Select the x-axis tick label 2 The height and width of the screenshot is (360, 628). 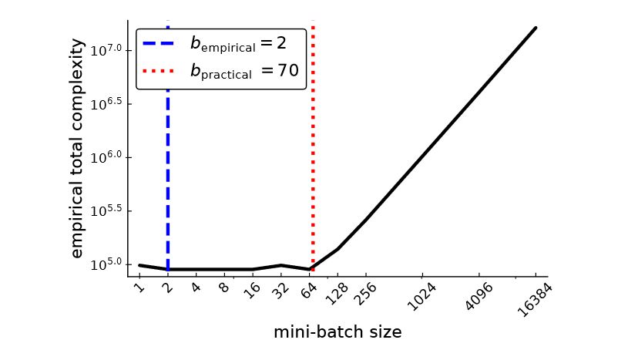click(x=167, y=289)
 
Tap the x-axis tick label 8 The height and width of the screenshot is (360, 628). click(x=223, y=289)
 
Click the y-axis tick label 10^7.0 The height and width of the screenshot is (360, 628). click(x=106, y=50)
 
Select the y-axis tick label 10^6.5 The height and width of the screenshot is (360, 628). click(x=106, y=103)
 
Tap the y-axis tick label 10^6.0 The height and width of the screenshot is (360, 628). click(x=106, y=157)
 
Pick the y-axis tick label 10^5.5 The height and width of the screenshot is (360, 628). click(x=106, y=211)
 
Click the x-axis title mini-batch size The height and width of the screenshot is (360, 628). click(x=338, y=332)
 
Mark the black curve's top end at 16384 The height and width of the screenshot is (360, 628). click(x=536, y=28)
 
